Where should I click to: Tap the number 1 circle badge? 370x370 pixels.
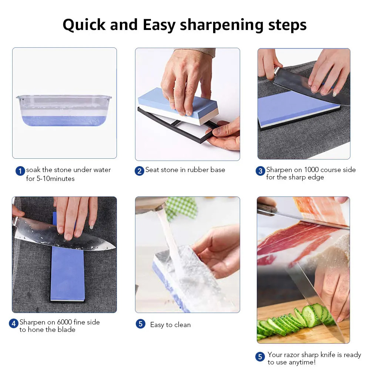click(20, 171)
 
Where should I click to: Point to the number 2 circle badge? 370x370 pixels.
click(139, 171)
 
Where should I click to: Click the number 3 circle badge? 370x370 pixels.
click(260, 171)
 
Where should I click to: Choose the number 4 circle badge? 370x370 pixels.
click(14, 323)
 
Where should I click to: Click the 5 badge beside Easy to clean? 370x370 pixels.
click(140, 324)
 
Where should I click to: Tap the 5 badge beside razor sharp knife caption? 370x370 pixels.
click(260, 356)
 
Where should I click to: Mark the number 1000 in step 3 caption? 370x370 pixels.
click(312, 170)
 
